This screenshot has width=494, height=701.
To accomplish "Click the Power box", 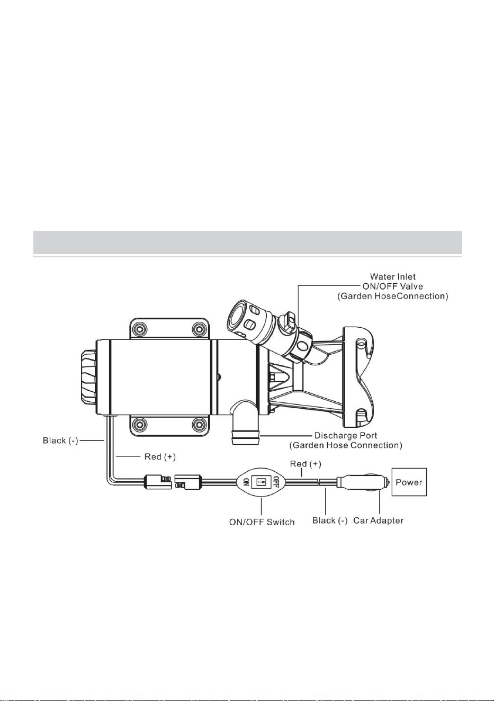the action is pos(409,482).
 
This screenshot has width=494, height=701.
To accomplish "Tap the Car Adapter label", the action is pos(378,520).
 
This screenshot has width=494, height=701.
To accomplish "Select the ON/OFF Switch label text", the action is pos(262,522).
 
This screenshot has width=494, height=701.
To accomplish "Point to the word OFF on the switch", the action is pos(276,482).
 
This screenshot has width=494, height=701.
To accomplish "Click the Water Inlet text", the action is pos(392,276).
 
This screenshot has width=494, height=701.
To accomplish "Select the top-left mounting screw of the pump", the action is pos(140,329).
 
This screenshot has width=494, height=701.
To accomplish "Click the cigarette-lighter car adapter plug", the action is pos(363,482).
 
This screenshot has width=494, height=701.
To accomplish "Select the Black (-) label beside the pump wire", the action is pos(60,441).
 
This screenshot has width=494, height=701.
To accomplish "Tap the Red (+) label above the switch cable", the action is pos(306,463).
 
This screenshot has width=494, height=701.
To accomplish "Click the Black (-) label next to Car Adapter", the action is pos(330,520).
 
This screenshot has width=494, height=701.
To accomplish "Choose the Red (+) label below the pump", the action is pos(160,456).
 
